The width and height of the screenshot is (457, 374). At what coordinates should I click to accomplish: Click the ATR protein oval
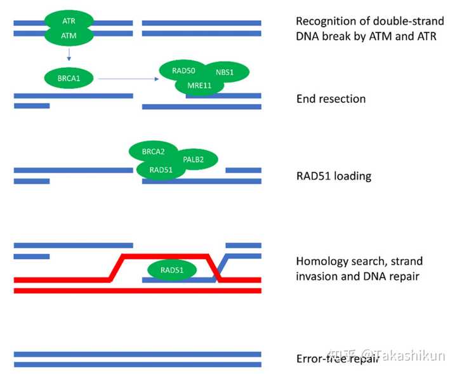click(x=69, y=21)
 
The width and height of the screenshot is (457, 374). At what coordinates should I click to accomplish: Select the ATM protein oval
click(x=69, y=36)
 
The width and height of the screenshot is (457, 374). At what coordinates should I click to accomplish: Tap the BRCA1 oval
click(x=69, y=78)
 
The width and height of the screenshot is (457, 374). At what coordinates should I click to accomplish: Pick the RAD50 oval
click(x=183, y=70)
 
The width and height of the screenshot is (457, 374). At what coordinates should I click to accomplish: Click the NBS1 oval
click(x=225, y=72)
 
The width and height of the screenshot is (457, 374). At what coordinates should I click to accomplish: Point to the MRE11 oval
click(x=199, y=85)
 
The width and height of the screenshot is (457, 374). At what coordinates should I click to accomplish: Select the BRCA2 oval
click(x=154, y=151)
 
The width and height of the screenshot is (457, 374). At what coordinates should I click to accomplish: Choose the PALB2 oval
click(x=193, y=159)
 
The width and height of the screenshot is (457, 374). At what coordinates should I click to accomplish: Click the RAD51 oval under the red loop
click(x=172, y=270)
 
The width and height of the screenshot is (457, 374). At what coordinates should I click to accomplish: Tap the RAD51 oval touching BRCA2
click(x=161, y=170)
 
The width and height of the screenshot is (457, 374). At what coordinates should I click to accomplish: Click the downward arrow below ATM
click(x=69, y=55)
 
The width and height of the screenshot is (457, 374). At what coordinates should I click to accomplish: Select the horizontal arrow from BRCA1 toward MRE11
click(x=128, y=79)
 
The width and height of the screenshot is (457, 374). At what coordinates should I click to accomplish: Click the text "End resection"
click(x=331, y=99)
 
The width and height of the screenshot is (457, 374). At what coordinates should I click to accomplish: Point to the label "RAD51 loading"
click(x=334, y=176)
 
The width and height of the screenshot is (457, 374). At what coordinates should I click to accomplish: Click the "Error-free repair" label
click(x=338, y=359)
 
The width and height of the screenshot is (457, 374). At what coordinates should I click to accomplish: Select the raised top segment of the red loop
click(x=165, y=257)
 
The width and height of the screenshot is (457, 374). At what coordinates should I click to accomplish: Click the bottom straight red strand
click(x=138, y=291)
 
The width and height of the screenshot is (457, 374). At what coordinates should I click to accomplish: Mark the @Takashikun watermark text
click(x=403, y=356)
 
